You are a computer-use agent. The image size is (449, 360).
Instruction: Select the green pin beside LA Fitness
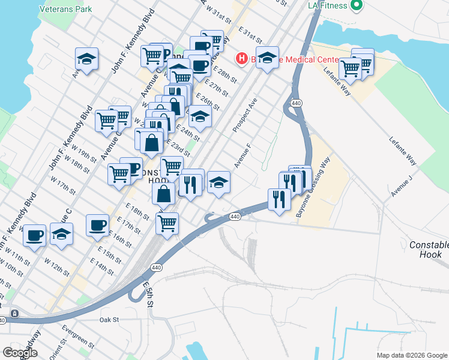click(x=357, y=5)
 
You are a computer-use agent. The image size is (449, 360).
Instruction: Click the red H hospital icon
click(x=241, y=58)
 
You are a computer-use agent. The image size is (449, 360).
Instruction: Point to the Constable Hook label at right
click(x=429, y=250)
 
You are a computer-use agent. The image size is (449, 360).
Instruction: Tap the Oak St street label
click(x=110, y=320)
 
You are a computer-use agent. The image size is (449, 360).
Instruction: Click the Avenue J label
click(x=402, y=186)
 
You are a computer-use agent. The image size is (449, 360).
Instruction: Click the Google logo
click(x=20, y=353)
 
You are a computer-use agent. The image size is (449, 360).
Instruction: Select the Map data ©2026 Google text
click(x=412, y=355)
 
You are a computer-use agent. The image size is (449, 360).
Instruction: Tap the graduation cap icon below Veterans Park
click(x=87, y=59)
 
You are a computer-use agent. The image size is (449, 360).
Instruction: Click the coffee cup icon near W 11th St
click(x=35, y=235)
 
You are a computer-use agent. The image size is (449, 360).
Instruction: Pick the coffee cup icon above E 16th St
click(x=97, y=226)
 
